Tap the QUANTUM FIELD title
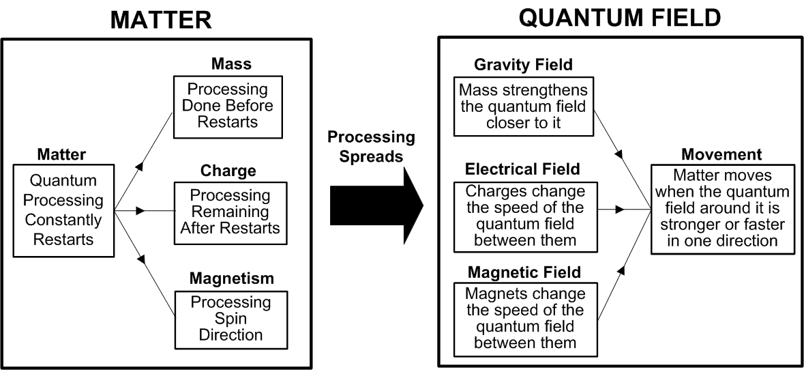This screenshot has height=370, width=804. click(x=619, y=17)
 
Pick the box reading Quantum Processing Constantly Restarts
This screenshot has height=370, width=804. click(x=63, y=210)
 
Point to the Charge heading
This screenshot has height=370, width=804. click(x=228, y=169)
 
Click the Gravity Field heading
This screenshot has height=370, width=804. click(x=523, y=65)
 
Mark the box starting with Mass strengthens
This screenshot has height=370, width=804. click(x=523, y=106)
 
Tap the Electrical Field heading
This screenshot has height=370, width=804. click(x=523, y=169)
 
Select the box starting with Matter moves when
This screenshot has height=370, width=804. click(x=723, y=209)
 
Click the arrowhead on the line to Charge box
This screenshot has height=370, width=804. click(x=140, y=211)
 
